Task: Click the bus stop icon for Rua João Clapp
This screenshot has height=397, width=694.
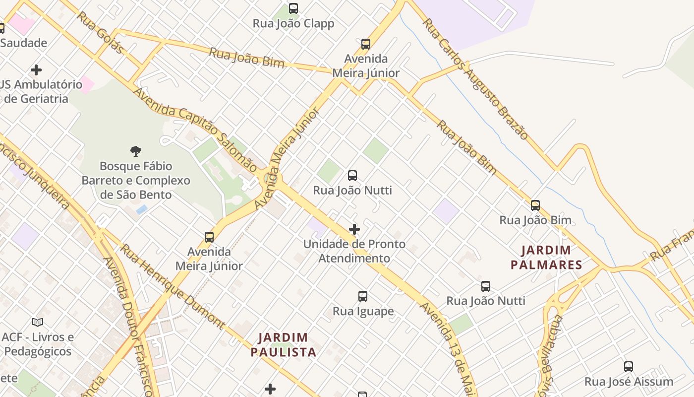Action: coord(293,8)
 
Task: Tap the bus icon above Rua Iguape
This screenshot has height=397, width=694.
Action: coord(363,296)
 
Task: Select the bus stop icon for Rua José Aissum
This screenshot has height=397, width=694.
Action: coord(629,367)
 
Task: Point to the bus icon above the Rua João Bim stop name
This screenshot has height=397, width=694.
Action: coord(535,205)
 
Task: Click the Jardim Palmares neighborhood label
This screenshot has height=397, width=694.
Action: coord(546,258)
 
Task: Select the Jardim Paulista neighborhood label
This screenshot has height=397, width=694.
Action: coord(283,345)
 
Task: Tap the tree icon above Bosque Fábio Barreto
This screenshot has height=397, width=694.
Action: coord(136,151)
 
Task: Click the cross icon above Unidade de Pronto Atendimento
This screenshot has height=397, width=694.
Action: coord(354,229)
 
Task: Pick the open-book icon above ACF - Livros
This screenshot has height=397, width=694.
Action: coord(38,322)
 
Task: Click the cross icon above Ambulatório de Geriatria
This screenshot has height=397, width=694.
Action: coord(36,70)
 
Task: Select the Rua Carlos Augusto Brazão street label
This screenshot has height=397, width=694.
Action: coord(476,79)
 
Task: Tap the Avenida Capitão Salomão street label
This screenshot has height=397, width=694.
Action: coord(195,130)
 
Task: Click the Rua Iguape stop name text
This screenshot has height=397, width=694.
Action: coord(363,311)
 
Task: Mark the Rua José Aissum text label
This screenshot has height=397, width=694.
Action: coord(629,382)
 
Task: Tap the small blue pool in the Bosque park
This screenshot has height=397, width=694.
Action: coord(142,209)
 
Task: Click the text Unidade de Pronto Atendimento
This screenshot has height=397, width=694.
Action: coord(354,251)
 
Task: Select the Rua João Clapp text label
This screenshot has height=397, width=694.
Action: coord(293,23)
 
